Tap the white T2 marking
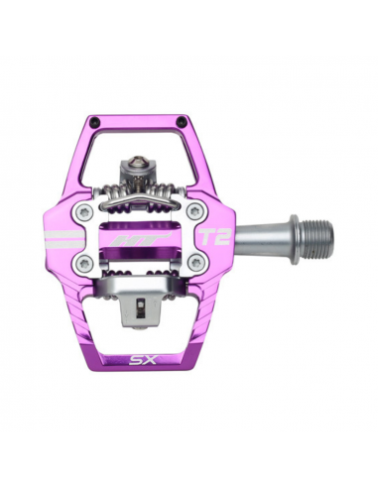(x=209, y=238)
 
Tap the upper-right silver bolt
(x=194, y=211)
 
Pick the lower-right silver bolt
(x=195, y=263)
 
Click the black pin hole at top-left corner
(x=94, y=122)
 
